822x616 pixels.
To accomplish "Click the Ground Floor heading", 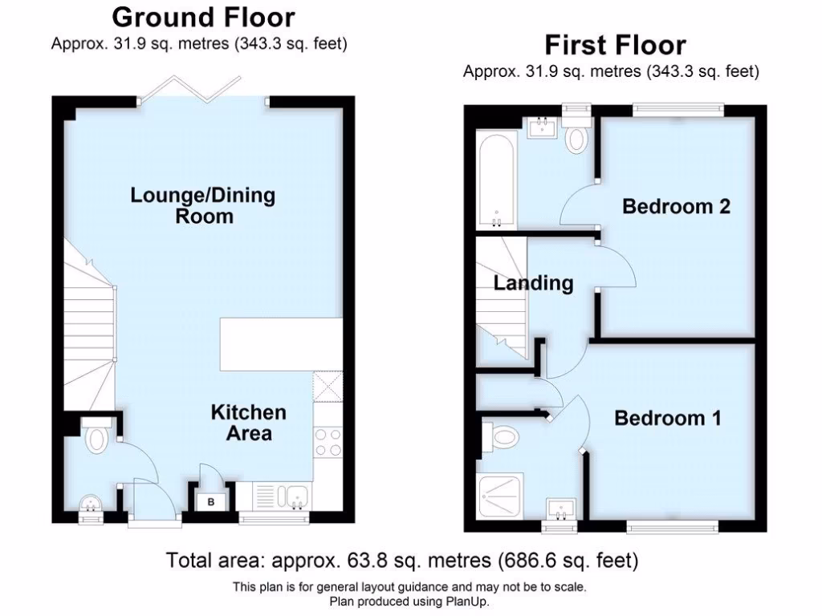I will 203,17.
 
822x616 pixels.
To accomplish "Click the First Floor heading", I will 615,44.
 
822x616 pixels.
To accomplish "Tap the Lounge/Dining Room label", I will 203,205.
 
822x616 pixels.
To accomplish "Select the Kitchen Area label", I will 248,423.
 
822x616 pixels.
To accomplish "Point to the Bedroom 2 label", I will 676,206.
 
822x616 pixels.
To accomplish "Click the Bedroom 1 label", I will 667,418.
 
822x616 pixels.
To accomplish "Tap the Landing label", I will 533,283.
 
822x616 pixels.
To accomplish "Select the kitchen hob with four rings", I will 328,443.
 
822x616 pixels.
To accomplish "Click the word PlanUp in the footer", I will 469,601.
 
